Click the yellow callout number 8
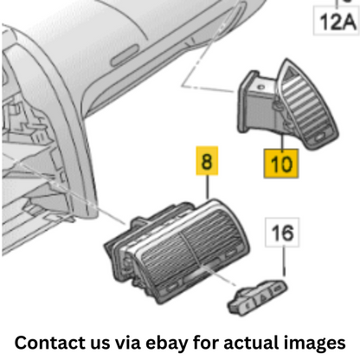pyautogui.click(x=207, y=161)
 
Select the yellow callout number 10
pyautogui.click(x=281, y=164)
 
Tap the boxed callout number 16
pyautogui.click(x=282, y=233)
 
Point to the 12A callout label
pyautogui.click(x=337, y=22)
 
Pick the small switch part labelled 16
pyautogui.click(x=258, y=298)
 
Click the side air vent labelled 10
pyautogui.click(x=288, y=106)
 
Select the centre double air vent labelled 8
pyautogui.click(x=177, y=252)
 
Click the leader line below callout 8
pyautogui.click(x=207, y=187)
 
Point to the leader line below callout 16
pyautogui.click(x=284, y=261)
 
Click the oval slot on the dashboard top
pyautogui.click(x=125, y=56)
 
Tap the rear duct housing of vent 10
pyautogui.click(x=257, y=104)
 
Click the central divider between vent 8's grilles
pyautogui.click(x=191, y=248)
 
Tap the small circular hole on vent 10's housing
pyautogui.click(x=260, y=87)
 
